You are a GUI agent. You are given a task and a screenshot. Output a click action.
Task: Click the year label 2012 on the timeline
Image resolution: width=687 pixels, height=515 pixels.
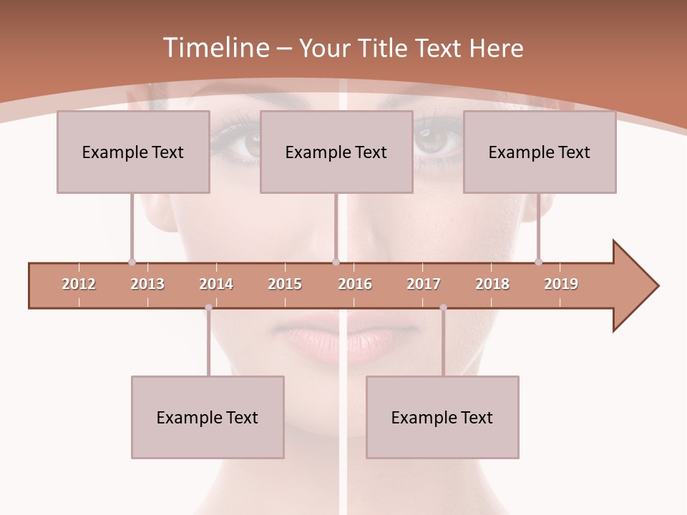tap(79, 284)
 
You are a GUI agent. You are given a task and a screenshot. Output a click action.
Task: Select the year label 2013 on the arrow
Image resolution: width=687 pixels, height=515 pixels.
tap(147, 284)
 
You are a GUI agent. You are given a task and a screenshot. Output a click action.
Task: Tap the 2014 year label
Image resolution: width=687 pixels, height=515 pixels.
tap(216, 284)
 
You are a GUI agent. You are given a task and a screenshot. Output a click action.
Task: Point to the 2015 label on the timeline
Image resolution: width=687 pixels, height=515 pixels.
tap(285, 284)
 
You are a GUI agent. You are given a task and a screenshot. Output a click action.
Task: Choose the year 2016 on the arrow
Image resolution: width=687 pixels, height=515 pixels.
tap(355, 284)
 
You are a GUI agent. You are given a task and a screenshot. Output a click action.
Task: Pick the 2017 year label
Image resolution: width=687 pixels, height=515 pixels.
tap(424, 284)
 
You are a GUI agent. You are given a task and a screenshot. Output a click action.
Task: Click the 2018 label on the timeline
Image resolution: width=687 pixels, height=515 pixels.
tap(492, 284)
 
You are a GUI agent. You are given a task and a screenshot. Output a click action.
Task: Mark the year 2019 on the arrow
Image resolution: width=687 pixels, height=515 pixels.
tap(561, 284)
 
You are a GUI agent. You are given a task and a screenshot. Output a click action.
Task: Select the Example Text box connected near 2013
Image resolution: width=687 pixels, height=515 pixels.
tap(133, 152)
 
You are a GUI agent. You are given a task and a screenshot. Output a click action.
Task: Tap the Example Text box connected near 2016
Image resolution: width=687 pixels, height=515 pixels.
tap(336, 152)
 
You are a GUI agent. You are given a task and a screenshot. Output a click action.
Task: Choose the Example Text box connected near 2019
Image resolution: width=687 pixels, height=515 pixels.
tap(540, 152)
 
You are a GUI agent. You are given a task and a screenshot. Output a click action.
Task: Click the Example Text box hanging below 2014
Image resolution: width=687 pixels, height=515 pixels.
tap(208, 417)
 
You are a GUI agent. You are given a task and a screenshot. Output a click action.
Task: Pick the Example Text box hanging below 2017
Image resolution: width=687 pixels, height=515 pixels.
tap(442, 417)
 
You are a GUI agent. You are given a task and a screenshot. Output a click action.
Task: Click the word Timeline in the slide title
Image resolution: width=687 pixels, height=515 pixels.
tap(215, 48)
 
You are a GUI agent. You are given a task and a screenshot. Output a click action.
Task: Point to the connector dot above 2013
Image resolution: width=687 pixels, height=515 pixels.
tap(132, 262)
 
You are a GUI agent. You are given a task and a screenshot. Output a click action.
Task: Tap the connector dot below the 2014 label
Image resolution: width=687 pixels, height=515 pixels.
tap(208, 308)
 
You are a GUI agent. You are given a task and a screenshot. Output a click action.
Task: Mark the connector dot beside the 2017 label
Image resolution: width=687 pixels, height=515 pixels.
tap(443, 308)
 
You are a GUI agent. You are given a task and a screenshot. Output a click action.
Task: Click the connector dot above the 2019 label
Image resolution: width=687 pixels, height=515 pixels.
tap(538, 262)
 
